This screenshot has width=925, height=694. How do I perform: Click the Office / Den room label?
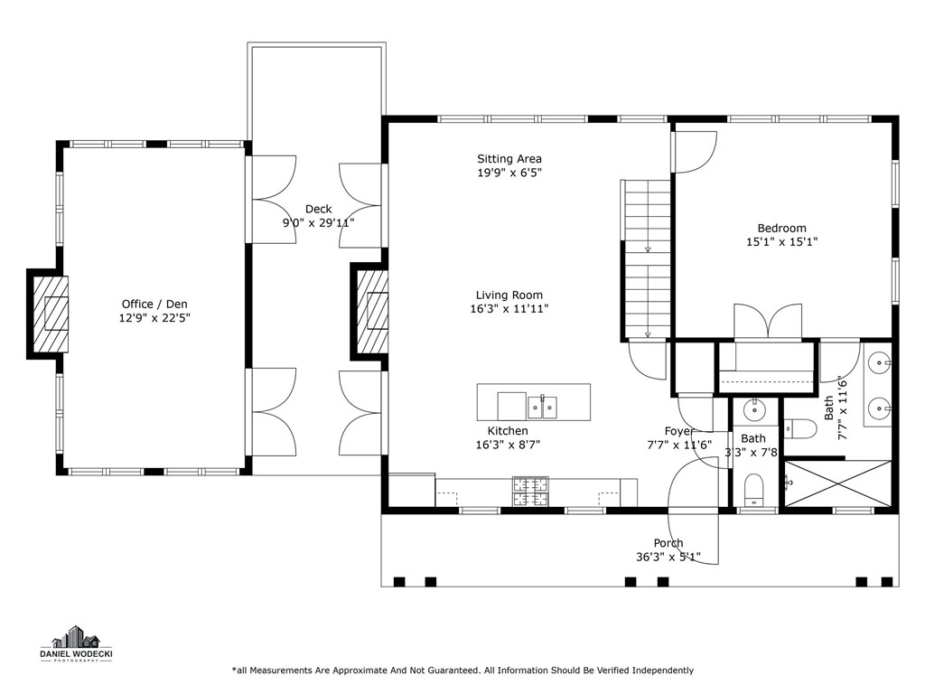[154, 305]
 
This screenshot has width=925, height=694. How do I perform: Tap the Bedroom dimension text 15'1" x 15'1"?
[781, 241]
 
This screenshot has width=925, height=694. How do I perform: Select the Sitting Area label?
[509, 159]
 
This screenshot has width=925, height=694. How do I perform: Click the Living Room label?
[509, 295]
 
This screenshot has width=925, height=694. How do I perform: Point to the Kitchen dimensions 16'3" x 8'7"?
[508, 445]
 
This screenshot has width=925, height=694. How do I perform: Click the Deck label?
[318, 209]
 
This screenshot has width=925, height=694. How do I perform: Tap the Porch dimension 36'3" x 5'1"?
[668, 558]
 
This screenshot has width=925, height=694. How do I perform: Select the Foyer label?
[679, 431]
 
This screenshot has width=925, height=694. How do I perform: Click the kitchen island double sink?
[542, 407]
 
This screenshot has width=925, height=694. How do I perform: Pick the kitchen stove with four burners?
[531, 491]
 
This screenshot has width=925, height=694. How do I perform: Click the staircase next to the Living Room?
[646, 259]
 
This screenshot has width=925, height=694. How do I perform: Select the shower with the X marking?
[836, 483]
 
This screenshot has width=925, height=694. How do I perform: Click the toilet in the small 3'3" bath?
[753, 492]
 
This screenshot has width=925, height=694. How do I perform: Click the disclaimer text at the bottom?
[462, 671]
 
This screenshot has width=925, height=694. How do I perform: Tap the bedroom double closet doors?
[767, 323]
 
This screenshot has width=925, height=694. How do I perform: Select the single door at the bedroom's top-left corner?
[694, 151]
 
